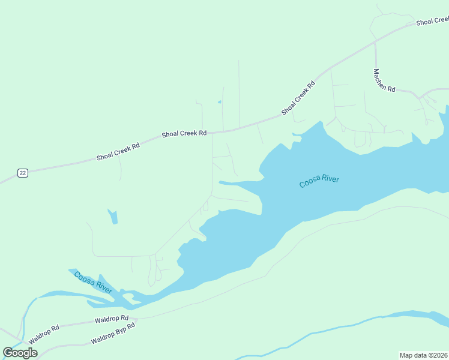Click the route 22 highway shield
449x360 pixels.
point(22,173)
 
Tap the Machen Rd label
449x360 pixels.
point(384,80)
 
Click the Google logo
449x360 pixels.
point(20,353)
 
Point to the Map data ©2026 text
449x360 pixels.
point(423,355)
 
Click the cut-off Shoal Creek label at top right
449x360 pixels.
point(432,22)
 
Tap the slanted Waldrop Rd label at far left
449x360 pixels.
point(44,334)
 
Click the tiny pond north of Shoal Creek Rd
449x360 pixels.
point(219,102)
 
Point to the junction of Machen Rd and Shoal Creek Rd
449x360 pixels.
point(375,43)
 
